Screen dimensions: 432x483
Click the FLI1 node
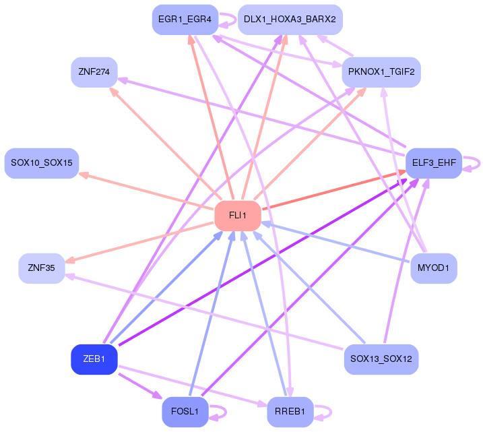(237, 216)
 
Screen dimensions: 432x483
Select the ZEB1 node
(94, 359)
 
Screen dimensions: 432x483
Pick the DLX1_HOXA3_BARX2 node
(290, 20)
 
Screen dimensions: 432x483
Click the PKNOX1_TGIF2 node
(381, 71)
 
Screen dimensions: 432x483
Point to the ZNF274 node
(94, 72)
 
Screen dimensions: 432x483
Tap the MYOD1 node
(434, 268)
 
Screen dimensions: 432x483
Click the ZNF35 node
(42, 268)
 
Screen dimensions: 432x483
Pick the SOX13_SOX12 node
(381, 359)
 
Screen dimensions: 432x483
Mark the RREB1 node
(290, 411)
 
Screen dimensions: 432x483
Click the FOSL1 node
(185, 411)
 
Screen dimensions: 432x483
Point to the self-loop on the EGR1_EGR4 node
(229, 20)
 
